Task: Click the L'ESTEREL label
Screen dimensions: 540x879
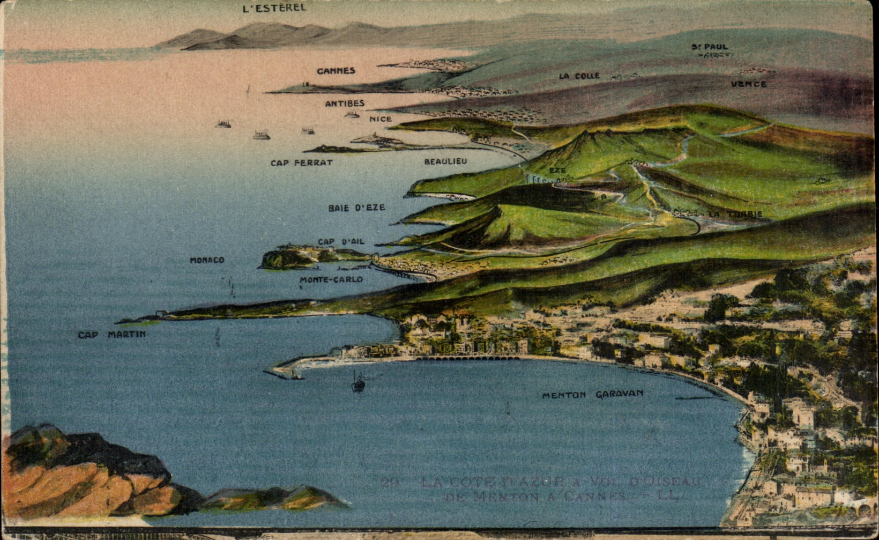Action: point(274,8)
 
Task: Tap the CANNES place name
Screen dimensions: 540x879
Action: point(336,71)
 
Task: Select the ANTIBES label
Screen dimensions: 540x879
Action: point(345,103)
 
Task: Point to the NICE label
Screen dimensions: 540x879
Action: point(381,119)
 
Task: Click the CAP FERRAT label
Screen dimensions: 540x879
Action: point(301,162)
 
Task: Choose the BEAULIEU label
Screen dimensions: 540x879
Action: point(445,161)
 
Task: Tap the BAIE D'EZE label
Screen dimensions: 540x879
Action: point(356,208)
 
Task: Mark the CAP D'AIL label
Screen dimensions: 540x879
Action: point(341,242)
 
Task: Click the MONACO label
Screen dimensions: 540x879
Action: point(207,260)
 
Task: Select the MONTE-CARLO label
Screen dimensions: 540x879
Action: point(331,279)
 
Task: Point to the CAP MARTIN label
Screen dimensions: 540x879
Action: point(111,335)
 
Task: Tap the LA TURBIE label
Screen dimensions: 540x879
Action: point(735,214)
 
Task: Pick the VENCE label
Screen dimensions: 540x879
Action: point(749,84)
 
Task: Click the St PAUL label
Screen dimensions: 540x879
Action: point(710,47)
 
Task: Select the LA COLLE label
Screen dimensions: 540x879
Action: point(579,76)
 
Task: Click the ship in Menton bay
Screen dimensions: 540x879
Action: point(358,382)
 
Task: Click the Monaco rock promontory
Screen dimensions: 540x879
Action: point(284,258)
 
